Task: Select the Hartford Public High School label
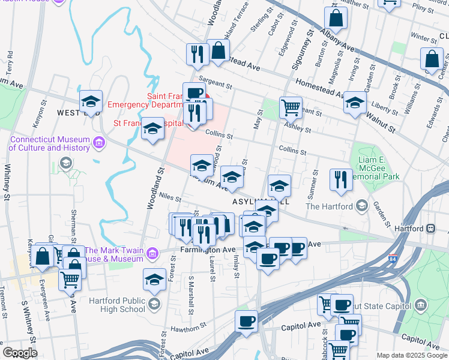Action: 117,305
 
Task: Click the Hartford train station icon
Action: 430,229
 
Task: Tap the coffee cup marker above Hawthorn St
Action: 246,321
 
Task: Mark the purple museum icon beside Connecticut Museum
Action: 99,143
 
